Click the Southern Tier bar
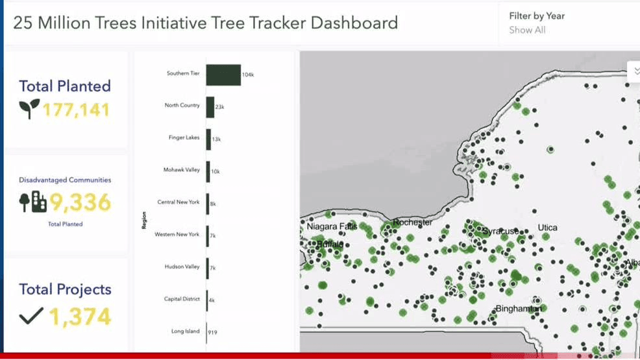pyautogui.click(x=223, y=75)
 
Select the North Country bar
pyautogui.click(x=210, y=107)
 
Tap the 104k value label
pyautogui.click(x=247, y=75)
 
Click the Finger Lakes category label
pyautogui.click(x=184, y=138)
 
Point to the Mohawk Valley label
pyautogui.click(x=182, y=170)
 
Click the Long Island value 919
pyautogui.click(x=212, y=332)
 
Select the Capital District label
pyautogui.click(x=182, y=299)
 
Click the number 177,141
pyautogui.click(x=76, y=110)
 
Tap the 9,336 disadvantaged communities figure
pyautogui.click(x=80, y=203)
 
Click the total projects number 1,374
pyautogui.click(x=79, y=317)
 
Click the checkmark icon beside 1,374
pyautogui.click(x=31, y=316)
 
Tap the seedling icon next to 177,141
pyautogui.click(x=29, y=108)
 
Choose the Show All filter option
pyautogui.click(x=527, y=30)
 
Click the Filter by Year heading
pyautogui.click(x=537, y=16)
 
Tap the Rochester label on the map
pyautogui.click(x=412, y=222)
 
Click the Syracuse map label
pyautogui.click(x=500, y=231)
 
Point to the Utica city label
pyautogui.click(x=547, y=228)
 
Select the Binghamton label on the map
pyautogui.click(x=517, y=309)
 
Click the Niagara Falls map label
pyautogui.click(x=331, y=226)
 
